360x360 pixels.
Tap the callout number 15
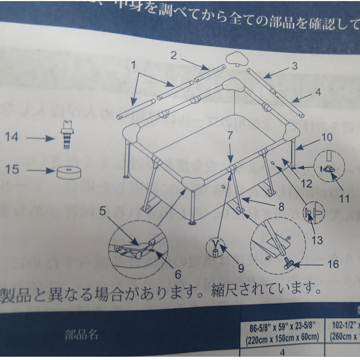[x=13, y=168]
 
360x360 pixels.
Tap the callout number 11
[x=345, y=198]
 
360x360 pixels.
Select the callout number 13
[x=317, y=240]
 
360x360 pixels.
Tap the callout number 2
[x=174, y=55]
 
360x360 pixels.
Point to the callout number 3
[x=294, y=66]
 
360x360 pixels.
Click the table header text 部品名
[x=81, y=335]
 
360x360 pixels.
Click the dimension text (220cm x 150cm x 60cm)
[x=283, y=338]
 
